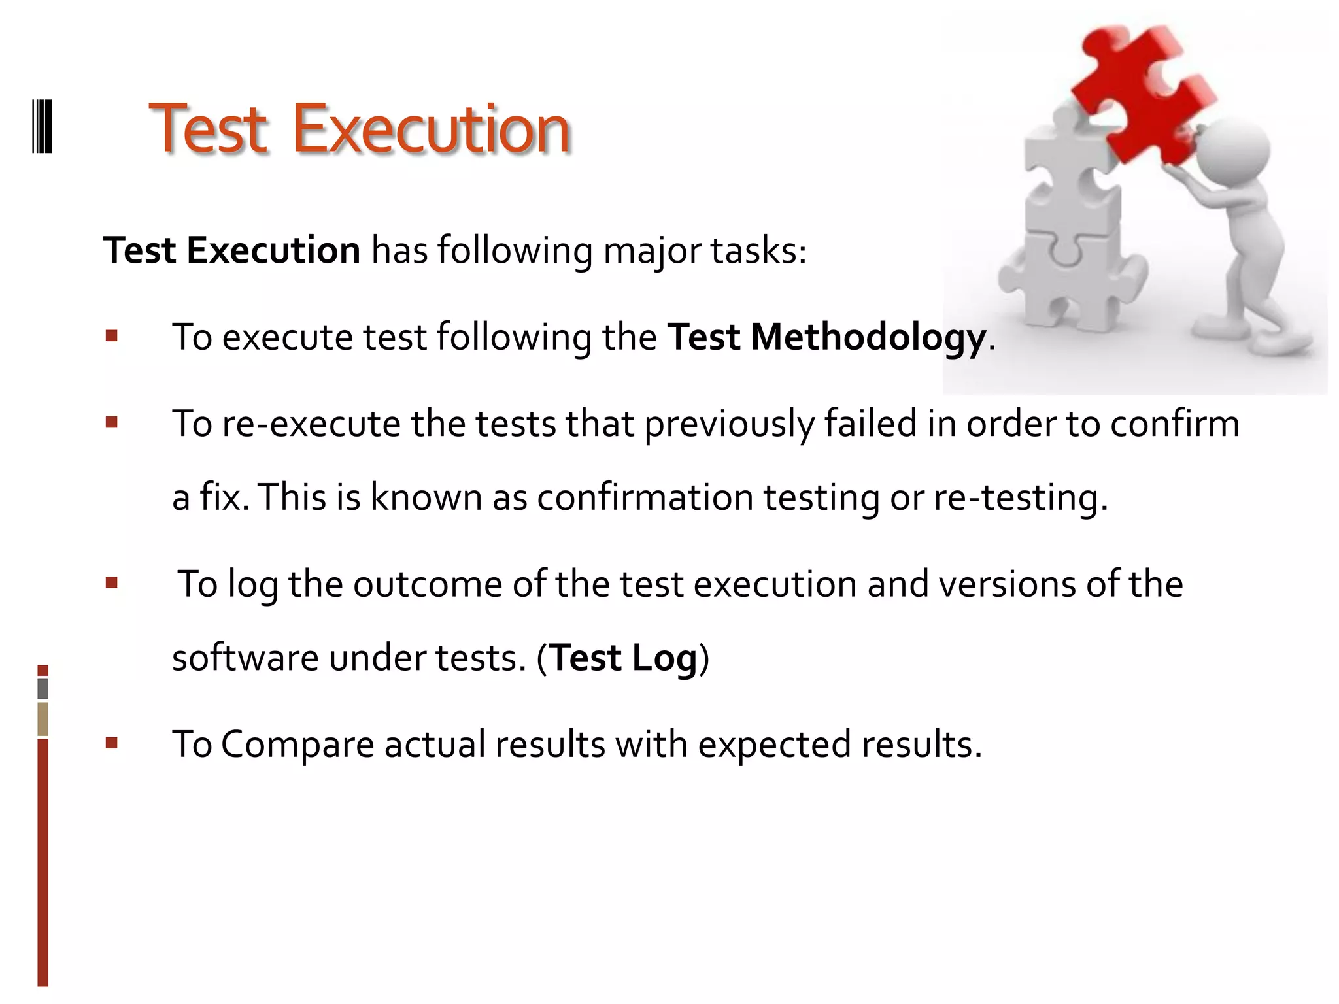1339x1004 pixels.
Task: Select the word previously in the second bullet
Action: click(x=729, y=424)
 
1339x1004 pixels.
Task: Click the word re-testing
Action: click(x=1020, y=497)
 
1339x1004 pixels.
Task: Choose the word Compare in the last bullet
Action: click(x=297, y=745)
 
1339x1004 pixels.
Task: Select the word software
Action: click(x=245, y=658)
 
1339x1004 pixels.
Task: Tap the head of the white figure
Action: click(x=1232, y=150)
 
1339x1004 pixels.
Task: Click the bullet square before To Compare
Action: click(x=112, y=743)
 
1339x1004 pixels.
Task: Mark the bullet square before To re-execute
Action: click(x=112, y=422)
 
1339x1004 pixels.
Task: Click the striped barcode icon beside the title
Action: click(x=42, y=125)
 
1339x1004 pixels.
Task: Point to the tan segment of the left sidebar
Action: click(x=43, y=718)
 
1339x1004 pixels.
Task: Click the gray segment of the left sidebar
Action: click(x=43, y=688)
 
